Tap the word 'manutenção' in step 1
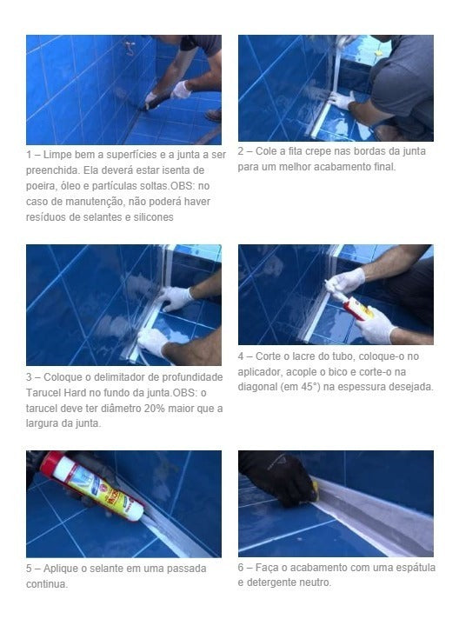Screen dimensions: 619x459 (x=77, y=202)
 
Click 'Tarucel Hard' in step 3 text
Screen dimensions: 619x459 (x=57, y=392)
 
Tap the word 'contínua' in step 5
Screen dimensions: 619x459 (x=47, y=584)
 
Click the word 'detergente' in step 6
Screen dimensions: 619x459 (x=276, y=582)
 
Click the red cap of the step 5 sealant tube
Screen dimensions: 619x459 (x=51, y=463)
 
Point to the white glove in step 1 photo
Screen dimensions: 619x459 (x=181, y=89)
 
